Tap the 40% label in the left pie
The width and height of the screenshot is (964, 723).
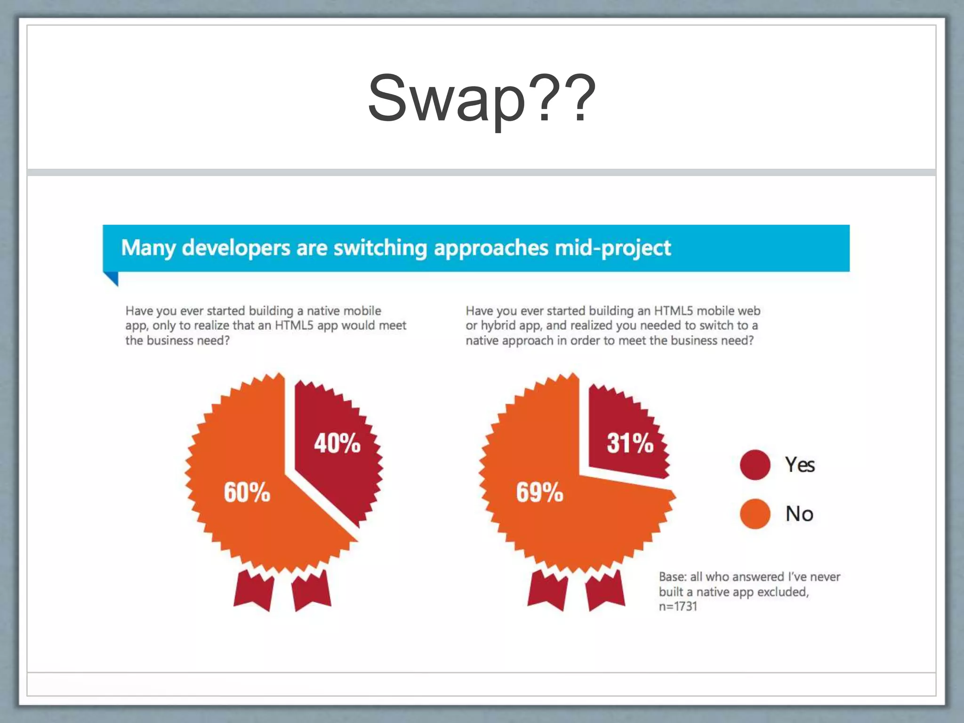(x=337, y=443)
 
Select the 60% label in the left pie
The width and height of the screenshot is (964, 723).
(x=247, y=492)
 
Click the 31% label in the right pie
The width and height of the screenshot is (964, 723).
(x=630, y=443)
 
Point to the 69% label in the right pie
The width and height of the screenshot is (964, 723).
(x=539, y=492)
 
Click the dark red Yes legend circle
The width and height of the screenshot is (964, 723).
(x=755, y=465)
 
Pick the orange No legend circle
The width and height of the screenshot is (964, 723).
(x=755, y=514)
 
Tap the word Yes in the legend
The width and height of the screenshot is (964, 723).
(x=799, y=465)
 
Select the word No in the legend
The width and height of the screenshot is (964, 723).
(x=799, y=514)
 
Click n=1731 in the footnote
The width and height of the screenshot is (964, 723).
(x=678, y=606)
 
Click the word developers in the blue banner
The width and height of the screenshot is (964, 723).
(x=236, y=248)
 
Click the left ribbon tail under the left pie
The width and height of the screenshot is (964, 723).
(x=254, y=591)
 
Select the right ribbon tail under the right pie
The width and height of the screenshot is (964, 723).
(x=605, y=591)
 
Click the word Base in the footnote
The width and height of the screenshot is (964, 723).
(x=672, y=577)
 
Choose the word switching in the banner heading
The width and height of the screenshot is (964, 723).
(x=380, y=248)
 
